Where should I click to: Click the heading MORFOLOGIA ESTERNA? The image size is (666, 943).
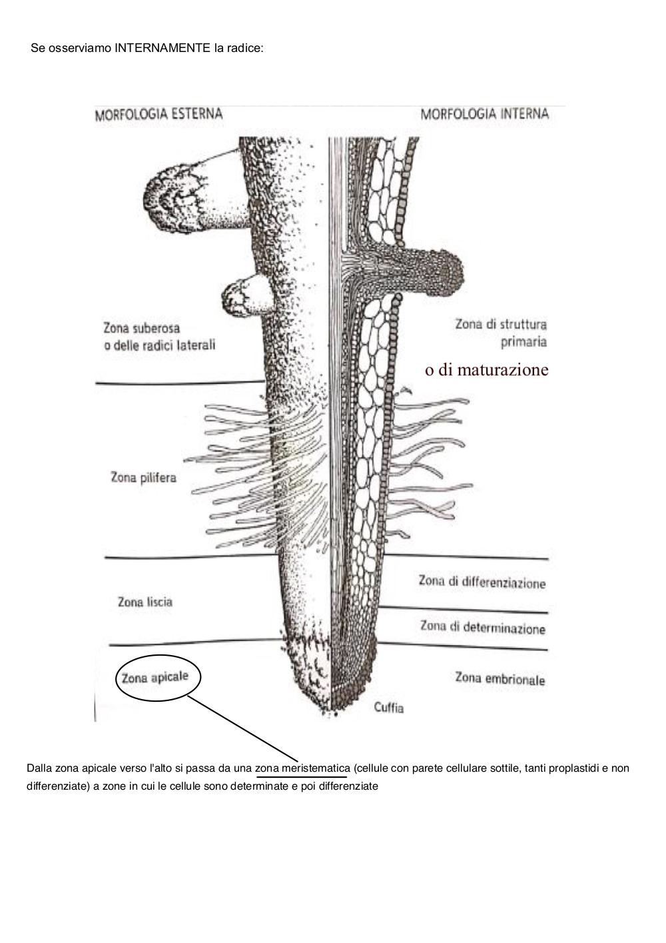(x=159, y=115)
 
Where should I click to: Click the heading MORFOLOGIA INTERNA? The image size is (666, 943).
(x=485, y=114)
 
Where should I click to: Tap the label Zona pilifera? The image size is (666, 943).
(x=143, y=477)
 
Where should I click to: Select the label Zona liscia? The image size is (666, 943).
(x=145, y=602)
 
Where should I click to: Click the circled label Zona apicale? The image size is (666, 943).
(x=155, y=677)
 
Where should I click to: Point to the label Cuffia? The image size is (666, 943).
(x=389, y=707)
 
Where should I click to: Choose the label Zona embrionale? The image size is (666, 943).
(x=499, y=678)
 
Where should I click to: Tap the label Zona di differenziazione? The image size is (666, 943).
(x=482, y=582)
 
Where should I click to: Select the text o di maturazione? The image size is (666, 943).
(x=487, y=370)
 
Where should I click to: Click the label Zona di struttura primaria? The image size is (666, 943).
(x=501, y=333)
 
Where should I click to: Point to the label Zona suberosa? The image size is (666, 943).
(x=141, y=328)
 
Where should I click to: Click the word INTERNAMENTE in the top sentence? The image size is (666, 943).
(x=163, y=48)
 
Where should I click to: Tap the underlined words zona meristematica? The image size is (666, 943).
(x=302, y=768)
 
